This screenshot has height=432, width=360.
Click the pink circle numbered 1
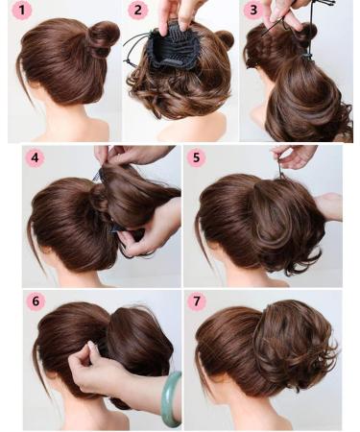(x=20, y=12)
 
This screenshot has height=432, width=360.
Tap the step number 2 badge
(x=138, y=12)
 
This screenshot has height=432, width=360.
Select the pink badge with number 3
(x=254, y=12)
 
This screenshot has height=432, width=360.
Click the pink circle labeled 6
(x=36, y=301)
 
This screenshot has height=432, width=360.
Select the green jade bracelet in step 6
(x=171, y=398)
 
